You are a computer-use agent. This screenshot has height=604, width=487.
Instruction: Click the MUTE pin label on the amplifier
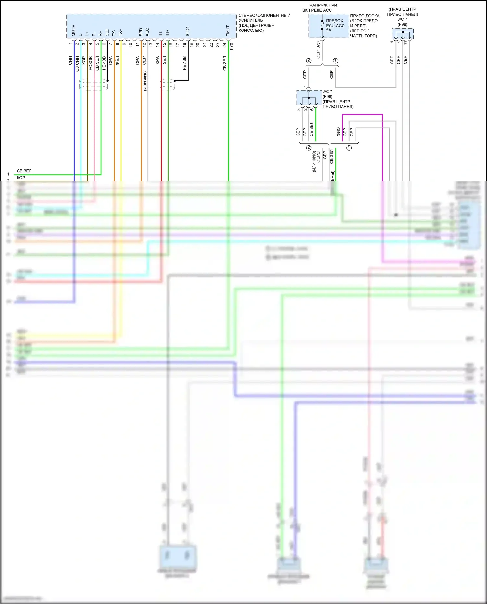(x=73, y=31)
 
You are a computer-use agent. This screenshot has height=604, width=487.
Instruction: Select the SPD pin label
(x=141, y=32)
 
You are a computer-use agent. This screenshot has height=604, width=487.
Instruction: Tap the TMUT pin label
(x=228, y=31)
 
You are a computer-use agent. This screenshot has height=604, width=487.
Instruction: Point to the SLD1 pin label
(x=188, y=31)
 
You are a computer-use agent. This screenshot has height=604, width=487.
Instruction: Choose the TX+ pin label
(x=120, y=32)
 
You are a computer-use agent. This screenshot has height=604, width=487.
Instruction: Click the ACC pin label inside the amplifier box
(x=147, y=32)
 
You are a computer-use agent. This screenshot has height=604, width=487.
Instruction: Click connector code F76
(x=231, y=46)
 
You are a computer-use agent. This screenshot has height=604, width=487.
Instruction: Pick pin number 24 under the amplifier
(x=225, y=45)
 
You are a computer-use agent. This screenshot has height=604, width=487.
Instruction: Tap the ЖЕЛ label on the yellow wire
(x=118, y=61)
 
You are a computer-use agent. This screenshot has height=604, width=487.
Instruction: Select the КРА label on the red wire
(x=157, y=60)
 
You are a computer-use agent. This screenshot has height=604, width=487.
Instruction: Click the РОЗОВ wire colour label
(x=91, y=63)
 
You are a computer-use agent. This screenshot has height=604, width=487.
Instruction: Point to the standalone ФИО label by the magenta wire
(x=338, y=131)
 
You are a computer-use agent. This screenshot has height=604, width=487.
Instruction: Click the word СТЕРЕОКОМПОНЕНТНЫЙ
(x=264, y=15)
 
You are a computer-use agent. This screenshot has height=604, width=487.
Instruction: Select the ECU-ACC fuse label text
(x=335, y=26)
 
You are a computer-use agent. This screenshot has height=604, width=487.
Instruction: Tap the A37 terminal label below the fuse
(x=318, y=44)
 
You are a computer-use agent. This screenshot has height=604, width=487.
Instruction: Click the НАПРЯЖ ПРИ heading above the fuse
(x=323, y=5)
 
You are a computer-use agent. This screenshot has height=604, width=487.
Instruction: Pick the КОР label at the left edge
(x=21, y=178)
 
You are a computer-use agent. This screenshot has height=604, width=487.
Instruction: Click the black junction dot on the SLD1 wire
(x=175, y=81)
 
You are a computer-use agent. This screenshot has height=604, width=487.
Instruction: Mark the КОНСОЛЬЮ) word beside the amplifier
(x=251, y=31)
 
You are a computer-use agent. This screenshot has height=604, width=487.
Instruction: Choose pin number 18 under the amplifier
(x=184, y=45)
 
